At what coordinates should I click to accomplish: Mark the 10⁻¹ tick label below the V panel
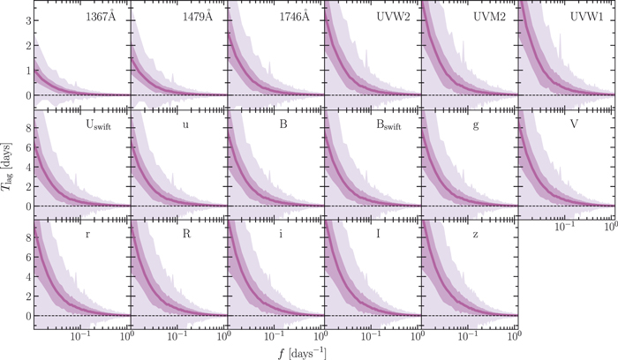coord(565,228)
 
